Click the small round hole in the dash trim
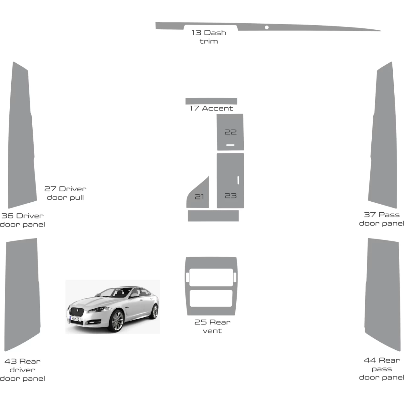pyautogui.click(x=267, y=27)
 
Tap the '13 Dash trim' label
pyautogui.click(x=209, y=37)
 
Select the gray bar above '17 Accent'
pyautogui.click(x=211, y=101)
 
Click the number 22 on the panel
pyautogui.click(x=231, y=132)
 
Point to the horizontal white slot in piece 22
pyautogui.click(x=230, y=145)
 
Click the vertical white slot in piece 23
pyautogui.click(x=238, y=180)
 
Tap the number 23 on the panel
pyautogui.click(x=231, y=196)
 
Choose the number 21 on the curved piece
pyautogui.click(x=199, y=197)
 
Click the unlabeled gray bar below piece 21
pyautogui.click(x=213, y=216)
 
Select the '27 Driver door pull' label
pyautogui.click(x=65, y=193)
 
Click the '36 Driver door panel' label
pyautogui.click(x=22, y=220)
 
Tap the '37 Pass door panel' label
pyautogui.click(x=382, y=219)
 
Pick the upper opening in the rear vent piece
pyautogui.click(x=211, y=277)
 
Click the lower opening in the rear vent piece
pyautogui.click(x=211, y=298)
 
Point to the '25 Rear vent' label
pyautogui.click(x=212, y=326)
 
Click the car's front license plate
pyautogui.click(x=76, y=319)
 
